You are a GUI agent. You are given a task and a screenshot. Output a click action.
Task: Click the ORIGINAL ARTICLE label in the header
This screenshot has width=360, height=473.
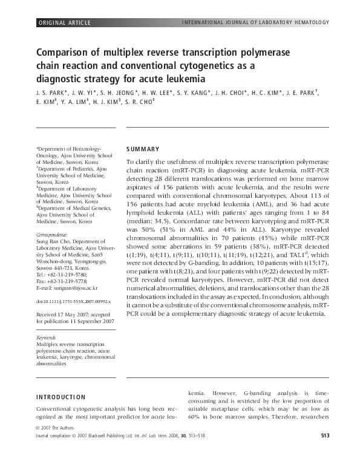click(65, 23)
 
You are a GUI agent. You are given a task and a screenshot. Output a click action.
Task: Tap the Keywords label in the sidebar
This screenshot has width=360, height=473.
click(47, 338)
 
